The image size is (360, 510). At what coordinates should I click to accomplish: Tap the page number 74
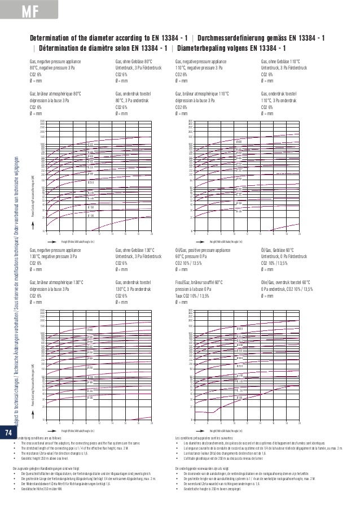(8, 433)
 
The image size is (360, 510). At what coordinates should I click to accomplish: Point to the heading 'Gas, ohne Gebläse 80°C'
(134, 60)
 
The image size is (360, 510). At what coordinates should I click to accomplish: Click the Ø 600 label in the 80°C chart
(90, 145)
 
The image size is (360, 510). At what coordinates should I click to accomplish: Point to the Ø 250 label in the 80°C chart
(90, 182)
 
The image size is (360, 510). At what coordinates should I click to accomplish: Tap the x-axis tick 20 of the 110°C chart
(299, 233)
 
